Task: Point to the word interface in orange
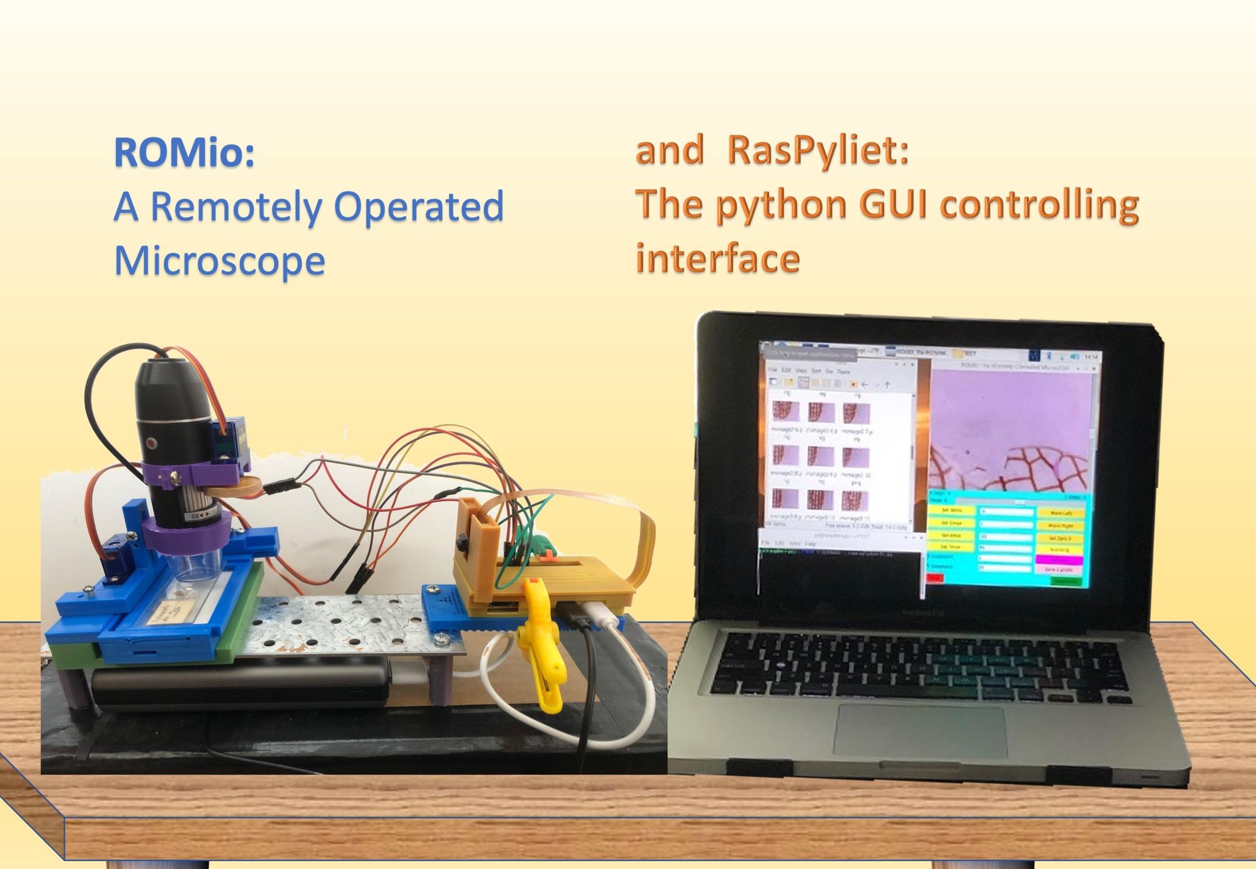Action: point(718,258)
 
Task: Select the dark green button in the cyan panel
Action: point(1065,581)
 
